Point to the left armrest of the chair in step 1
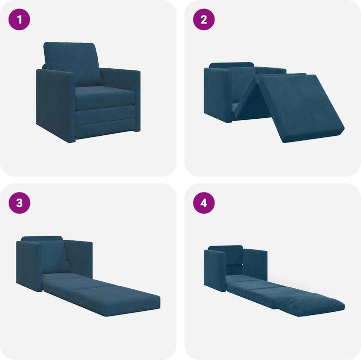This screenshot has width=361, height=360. (x=55, y=105)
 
